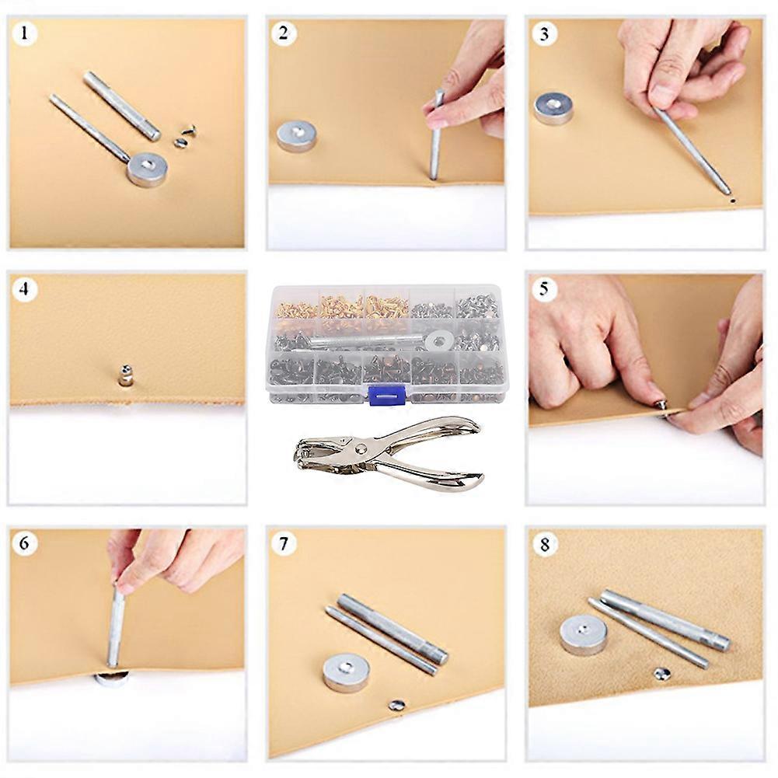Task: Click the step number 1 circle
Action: [25, 34]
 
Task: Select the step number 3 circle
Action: [544, 34]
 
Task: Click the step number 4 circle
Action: [25, 290]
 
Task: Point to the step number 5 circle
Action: [544, 290]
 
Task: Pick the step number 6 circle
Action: [25, 543]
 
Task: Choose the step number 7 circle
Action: [284, 544]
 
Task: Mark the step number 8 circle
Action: [544, 544]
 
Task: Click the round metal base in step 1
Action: [147, 169]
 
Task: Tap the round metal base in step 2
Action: [297, 135]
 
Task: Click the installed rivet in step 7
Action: [396, 706]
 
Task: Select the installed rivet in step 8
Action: [661, 673]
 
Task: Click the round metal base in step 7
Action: [346, 672]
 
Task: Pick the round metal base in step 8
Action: [584, 634]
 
